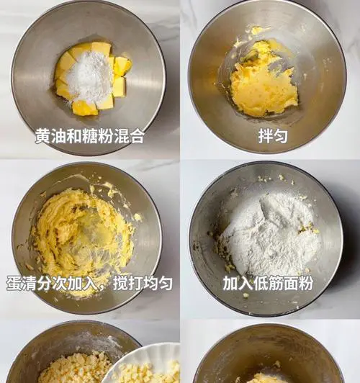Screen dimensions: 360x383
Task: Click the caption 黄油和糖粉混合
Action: [89, 136]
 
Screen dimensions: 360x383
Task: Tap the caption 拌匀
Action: [273, 136]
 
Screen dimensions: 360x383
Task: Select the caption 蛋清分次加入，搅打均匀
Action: [89, 284]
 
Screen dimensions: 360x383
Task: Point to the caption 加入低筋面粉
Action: [268, 284]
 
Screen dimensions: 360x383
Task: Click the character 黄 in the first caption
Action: [42, 136]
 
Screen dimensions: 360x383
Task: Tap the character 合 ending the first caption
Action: [136, 136]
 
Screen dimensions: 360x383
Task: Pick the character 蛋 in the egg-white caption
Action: [14, 284]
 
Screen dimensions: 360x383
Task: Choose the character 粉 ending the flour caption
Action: [306, 284]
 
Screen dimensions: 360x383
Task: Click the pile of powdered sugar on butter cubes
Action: [89, 76]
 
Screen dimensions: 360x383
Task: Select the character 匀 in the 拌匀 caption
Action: [281, 136]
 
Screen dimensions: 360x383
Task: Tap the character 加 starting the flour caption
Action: [230, 284]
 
